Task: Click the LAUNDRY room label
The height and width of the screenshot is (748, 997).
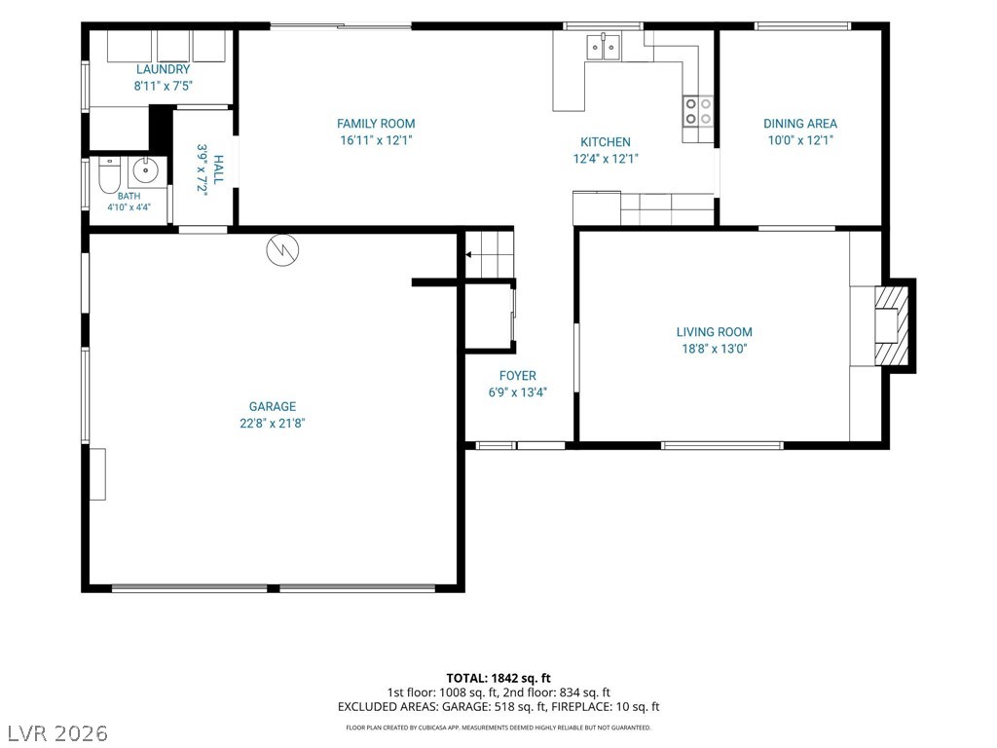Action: click(x=163, y=69)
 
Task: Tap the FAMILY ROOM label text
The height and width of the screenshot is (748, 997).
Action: click(x=376, y=124)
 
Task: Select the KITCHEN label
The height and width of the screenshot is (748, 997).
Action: click(x=606, y=142)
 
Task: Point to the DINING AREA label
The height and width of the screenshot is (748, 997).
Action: click(x=800, y=124)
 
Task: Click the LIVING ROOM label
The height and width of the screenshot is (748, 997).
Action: click(x=714, y=331)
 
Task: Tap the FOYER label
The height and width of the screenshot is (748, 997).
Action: click(x=518, y=375)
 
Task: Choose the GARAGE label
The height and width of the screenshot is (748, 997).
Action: click(x=273, y=406)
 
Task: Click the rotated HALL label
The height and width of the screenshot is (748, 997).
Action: click(x=218, y=169)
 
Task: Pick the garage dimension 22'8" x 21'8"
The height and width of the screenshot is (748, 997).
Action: click(x=273, y=423)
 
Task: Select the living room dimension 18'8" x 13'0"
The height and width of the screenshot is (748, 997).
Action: click(x=714, y=348)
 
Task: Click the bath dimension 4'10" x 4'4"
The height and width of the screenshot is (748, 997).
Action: click(x=129, y=206)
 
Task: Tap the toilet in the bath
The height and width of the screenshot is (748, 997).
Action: click(x=109, y=175)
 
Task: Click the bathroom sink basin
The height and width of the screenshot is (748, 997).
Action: click(x=147, y=170)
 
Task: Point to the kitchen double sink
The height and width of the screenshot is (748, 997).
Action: click(x=603, y=46)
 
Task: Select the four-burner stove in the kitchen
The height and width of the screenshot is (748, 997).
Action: click(x=698, y=111)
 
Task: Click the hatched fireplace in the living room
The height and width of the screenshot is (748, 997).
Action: click(x=892, y=325)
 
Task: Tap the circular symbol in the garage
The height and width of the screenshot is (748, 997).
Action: click(x=282, y=249)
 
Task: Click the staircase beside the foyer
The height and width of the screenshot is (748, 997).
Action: click(x=490, y=254)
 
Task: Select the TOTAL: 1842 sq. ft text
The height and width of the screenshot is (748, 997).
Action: click(x=498, y=678)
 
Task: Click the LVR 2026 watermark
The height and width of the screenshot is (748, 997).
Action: click(x=55, y=733)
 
